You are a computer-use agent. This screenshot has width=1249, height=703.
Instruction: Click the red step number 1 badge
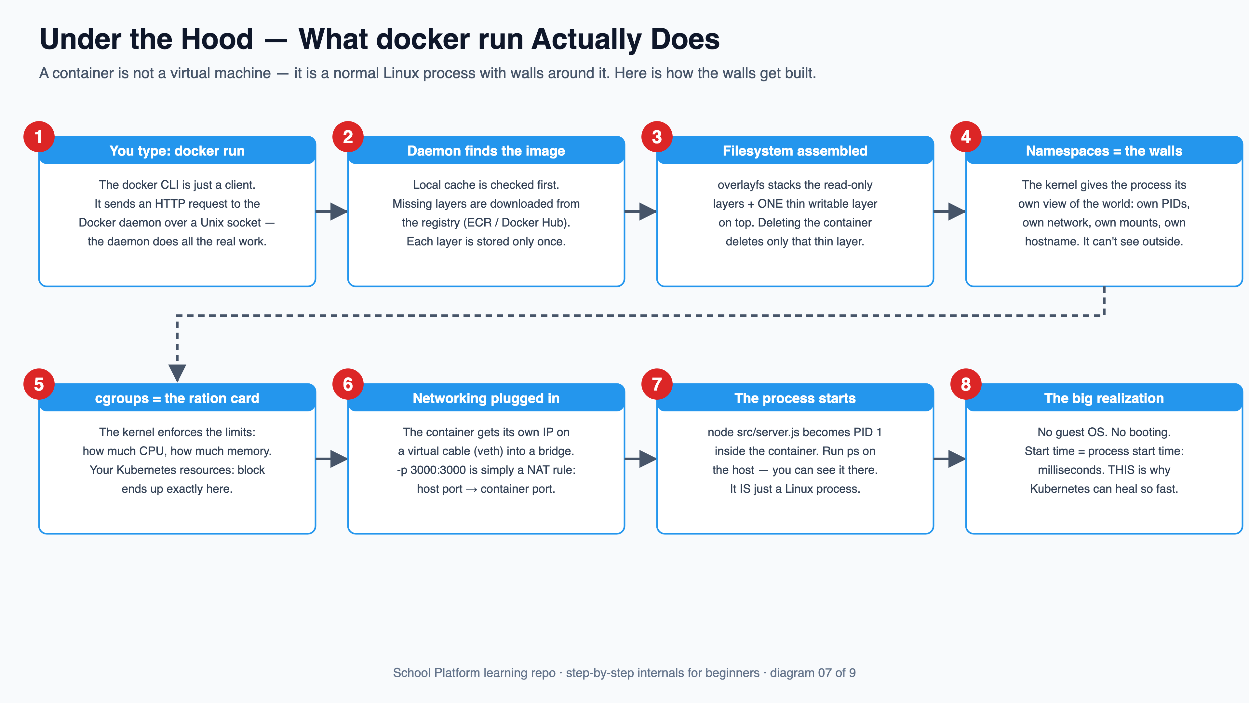[39, 137]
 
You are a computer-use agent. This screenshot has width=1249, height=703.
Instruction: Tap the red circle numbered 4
[966, 137]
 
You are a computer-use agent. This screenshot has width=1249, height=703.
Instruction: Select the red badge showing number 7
[657, 384]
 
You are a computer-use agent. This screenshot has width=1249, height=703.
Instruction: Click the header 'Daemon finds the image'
[486, 150]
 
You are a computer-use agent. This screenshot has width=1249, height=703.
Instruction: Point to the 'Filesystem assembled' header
[795, 150]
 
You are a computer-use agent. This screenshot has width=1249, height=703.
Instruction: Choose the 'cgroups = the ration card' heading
[177, 398]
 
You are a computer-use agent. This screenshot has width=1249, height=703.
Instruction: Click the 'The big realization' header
[1104, 398]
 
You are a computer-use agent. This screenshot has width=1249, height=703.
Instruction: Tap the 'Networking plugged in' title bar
[486, 398]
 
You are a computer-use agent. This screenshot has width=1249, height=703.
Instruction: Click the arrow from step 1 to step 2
[332, 212]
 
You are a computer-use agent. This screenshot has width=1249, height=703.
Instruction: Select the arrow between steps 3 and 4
[949, 212]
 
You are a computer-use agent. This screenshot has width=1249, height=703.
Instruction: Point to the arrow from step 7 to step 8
[949, 459]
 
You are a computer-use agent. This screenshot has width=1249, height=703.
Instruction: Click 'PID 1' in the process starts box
[867, 432]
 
